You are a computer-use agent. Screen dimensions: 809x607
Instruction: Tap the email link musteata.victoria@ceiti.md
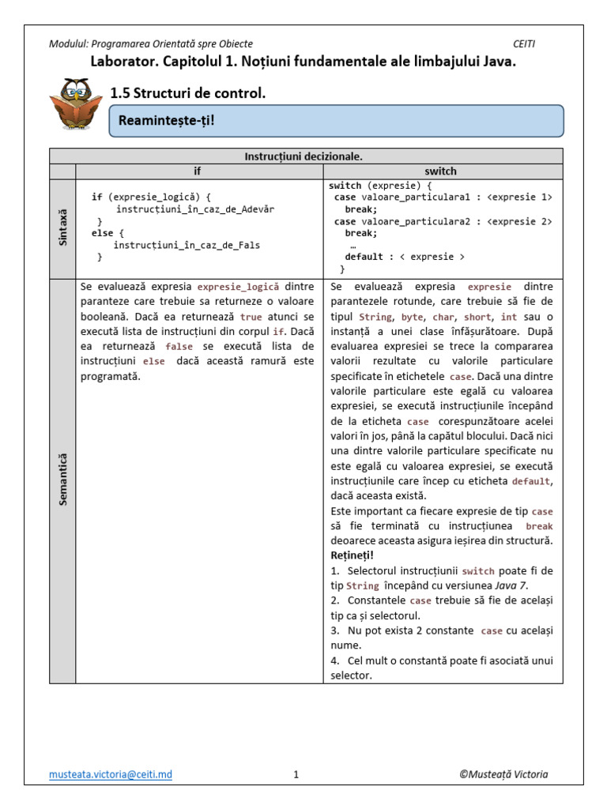(110, 774)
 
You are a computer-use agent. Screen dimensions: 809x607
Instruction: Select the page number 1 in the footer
(296, 775)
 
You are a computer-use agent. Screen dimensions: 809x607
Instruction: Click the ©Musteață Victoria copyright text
(503, 774)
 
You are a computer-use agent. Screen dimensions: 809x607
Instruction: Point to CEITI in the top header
(524, 44)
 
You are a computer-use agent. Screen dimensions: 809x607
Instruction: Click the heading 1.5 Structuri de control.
(188, 93)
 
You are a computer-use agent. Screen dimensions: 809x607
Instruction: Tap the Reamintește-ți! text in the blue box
(166, 121)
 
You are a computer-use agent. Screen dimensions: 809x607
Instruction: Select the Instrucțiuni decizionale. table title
(306, 156)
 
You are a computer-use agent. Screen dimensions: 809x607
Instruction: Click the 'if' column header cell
(198, 171)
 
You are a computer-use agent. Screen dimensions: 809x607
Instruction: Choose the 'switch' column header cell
(440, 171)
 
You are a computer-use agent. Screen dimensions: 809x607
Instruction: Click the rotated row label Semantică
(63, 479)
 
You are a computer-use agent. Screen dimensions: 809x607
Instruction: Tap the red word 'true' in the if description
(251, 317)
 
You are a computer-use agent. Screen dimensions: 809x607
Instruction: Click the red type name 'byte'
(412, 317)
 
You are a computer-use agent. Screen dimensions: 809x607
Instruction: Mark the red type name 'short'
(479, 317)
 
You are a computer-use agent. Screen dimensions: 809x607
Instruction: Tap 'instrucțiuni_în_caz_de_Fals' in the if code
(187, 245)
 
